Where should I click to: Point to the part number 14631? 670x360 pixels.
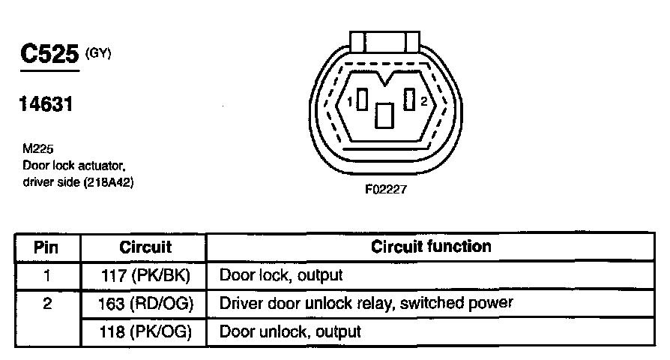(x=46, y=105)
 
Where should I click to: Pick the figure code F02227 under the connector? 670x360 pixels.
(x=385, y=190)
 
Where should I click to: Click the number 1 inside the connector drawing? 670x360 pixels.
(x=348, y=101)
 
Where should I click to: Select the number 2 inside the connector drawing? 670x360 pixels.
(x=423, y=101)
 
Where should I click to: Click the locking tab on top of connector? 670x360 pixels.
(x=384, y=42)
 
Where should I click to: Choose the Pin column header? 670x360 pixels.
(x=47, y=247)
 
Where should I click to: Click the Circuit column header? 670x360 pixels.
(x=145, y=247)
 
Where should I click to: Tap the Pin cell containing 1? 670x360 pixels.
(x=47, y=275)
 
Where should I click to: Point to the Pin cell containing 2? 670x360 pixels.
(x=47, y=303)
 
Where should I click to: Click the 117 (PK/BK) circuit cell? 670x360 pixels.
(x=145, y=275)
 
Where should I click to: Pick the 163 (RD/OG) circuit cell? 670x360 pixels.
(x=145, y=303)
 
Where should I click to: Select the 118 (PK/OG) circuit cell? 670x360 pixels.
(x=145, y=331)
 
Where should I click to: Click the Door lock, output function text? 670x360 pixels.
(x=281, y=275)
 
